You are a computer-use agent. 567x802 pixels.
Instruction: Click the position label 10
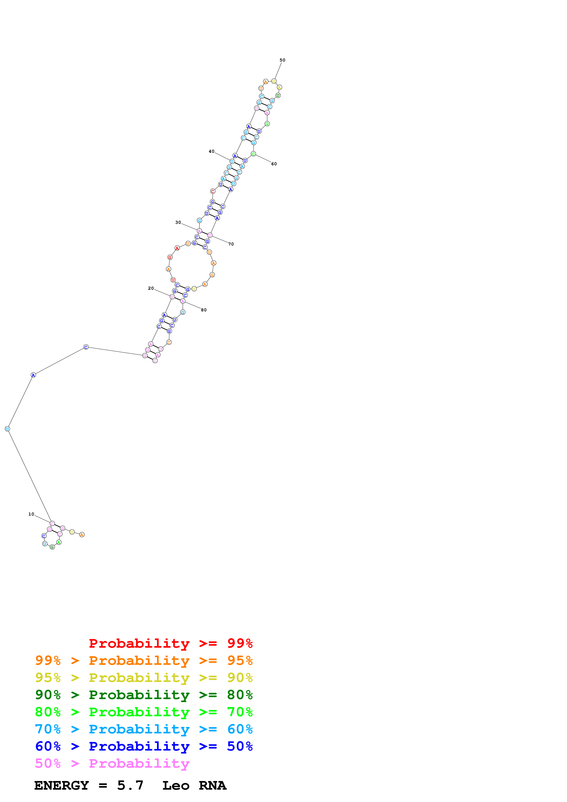coord(31,514)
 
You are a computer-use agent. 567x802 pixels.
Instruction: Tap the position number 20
coord(150,288)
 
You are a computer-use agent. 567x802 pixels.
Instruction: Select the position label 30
coord(178,222)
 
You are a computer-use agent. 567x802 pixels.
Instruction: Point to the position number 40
coord(211,151)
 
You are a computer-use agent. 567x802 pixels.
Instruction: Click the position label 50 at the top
coord(282,60)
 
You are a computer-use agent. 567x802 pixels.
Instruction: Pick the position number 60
coord(274,164)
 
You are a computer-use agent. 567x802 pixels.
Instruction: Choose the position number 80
coord(204,310)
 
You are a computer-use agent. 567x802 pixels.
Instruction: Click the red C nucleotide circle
coord(212,191)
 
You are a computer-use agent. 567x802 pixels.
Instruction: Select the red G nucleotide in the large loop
coord(170,257)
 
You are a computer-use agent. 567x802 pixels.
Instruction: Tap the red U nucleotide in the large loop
coord(173,280)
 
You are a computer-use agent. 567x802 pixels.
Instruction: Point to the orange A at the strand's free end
coord(82,535)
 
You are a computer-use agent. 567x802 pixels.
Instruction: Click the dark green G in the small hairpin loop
coord(52,547)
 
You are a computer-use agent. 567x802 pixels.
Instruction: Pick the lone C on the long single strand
coord(86,347)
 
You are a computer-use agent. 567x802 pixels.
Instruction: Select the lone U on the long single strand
coord(7,429)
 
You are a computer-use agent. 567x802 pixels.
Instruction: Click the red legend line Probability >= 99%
coord(170,643)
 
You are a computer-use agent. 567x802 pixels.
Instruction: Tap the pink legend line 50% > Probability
coord(112,764)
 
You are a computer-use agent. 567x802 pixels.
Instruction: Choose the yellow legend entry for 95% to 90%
coord(144,678)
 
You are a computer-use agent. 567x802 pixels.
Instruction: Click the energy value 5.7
coord(130,786)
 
